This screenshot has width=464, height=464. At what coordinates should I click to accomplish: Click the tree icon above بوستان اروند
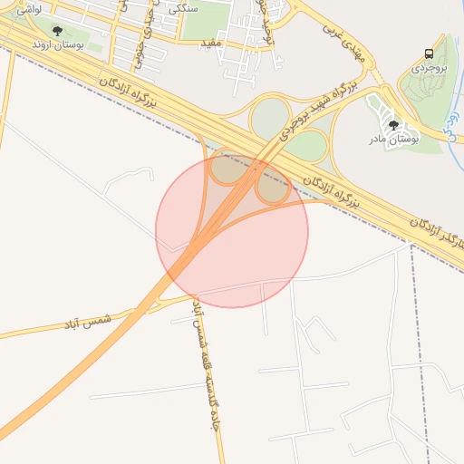click(57, 31)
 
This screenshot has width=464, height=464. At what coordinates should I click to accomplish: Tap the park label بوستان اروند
click(57, 43)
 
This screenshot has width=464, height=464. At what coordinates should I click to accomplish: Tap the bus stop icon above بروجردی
click(429, 53)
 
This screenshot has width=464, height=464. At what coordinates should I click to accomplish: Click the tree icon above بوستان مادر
click(393, 125)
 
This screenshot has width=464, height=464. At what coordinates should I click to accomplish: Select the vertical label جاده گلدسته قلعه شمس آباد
click(203, 372)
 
